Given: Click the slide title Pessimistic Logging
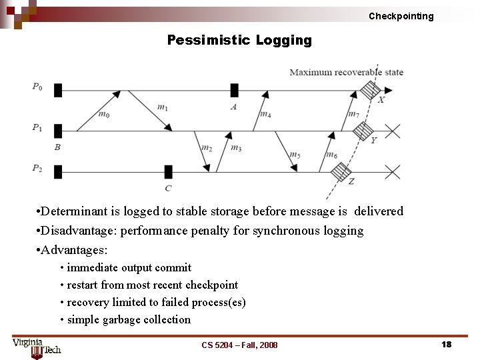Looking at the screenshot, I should point(239,40).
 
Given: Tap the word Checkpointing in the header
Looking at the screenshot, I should point(401,16).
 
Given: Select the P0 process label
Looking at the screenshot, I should point(37,86).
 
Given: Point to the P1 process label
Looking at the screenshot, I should point(37,127).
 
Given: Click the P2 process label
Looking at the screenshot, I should point(37,169).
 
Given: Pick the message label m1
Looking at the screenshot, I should point(163,107).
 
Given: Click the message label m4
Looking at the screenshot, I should point(265,114).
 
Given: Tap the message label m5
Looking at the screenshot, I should point(295,155).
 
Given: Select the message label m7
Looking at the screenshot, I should point(353,114).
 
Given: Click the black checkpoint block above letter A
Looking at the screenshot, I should point(234,90).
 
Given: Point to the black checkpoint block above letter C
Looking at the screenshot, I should point(168,172).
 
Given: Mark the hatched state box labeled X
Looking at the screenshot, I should point(370,89).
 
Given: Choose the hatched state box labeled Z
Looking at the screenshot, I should point(341,173).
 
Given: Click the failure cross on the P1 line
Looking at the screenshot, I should point(393,131).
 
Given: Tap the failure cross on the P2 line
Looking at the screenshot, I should point(393,173).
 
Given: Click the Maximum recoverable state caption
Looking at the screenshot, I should point(346,72).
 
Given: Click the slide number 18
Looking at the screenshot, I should point(446,344).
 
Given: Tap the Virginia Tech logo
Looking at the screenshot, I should point(36,347).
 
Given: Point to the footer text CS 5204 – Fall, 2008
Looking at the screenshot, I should point(239,345).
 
